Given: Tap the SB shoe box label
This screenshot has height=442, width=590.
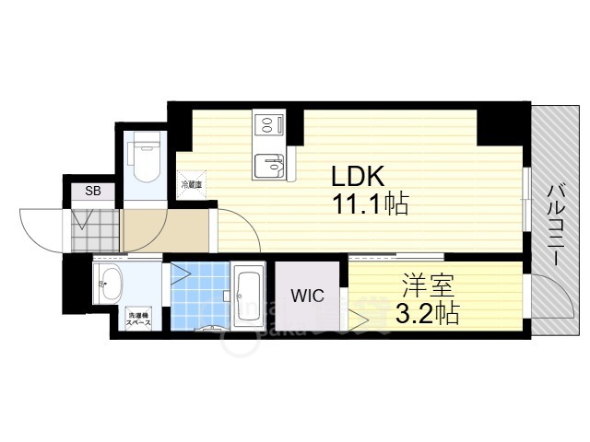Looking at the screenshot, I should coord(93,192).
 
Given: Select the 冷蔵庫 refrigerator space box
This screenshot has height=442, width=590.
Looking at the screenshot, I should coord(192,181).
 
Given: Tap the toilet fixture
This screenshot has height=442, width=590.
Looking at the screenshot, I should coord(144,162).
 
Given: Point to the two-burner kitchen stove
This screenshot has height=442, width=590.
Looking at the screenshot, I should coord(268,123).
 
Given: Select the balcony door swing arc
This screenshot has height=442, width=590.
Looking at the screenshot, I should coord(551,299).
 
